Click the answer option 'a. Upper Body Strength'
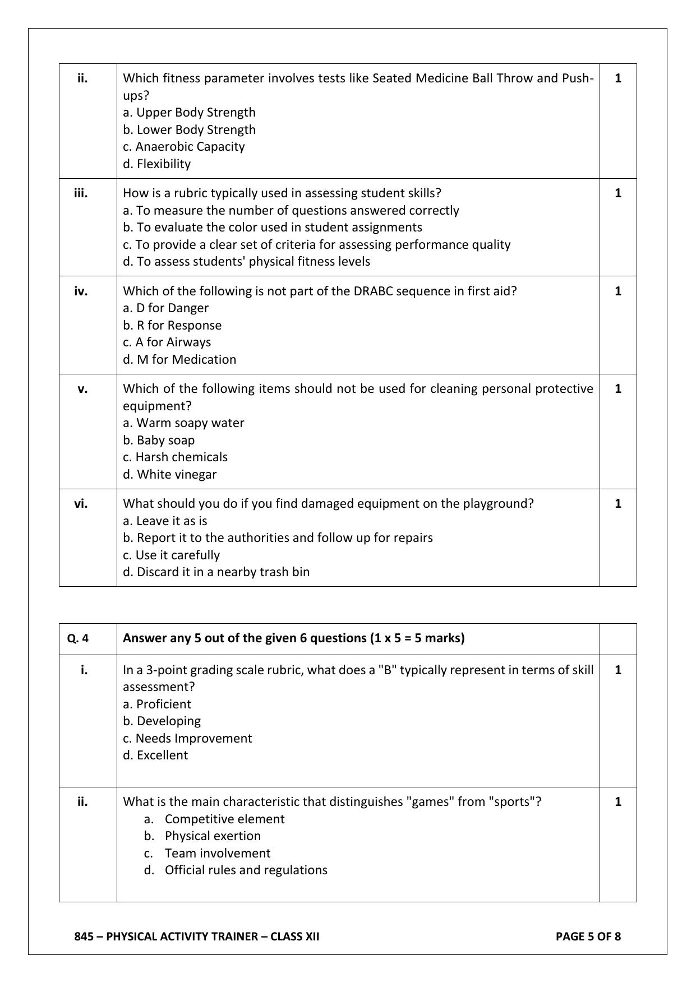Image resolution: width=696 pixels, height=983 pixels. (189, 112)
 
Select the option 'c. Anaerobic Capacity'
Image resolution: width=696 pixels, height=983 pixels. (184, 146)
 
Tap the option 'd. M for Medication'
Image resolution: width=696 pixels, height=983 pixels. (179, 359)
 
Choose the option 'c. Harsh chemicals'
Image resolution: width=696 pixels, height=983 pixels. (175, 457)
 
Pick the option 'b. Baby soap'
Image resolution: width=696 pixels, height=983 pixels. (159, 440)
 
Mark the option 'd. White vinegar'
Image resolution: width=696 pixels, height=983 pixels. (169, 474)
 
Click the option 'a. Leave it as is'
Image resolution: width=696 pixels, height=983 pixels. (165, 521)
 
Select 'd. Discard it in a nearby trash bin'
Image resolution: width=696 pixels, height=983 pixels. (216, 572)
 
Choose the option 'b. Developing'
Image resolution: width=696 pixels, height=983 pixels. (162, 721)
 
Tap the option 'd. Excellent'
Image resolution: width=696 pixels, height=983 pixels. (155, 755)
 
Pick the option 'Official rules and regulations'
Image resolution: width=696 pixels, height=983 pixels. (246, 870)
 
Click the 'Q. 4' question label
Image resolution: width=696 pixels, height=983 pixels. (77, 638)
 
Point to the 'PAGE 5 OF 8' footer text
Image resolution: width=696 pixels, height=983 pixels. (588, 936)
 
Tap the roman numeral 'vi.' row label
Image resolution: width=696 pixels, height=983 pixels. (81, 503)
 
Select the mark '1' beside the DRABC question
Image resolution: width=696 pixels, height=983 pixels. (618, 291)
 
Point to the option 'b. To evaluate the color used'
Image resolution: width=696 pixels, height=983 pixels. (273, 227)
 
